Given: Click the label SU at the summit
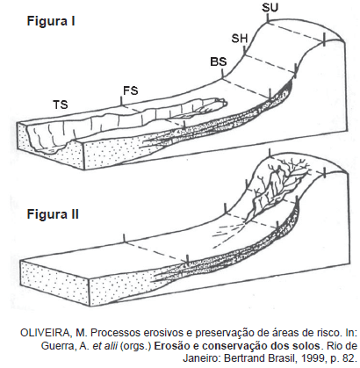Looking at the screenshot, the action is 270,8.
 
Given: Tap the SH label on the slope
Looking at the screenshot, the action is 240,39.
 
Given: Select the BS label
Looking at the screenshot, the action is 219,61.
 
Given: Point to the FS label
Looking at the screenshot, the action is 131,90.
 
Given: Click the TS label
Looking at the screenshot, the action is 61,105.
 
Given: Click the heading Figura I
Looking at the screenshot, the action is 51,22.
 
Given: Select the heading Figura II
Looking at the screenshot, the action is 53,214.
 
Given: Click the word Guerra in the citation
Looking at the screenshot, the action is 56,346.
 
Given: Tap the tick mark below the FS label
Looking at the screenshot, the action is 121,101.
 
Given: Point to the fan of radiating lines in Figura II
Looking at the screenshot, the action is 229,232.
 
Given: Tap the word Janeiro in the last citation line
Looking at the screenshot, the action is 198,358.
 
